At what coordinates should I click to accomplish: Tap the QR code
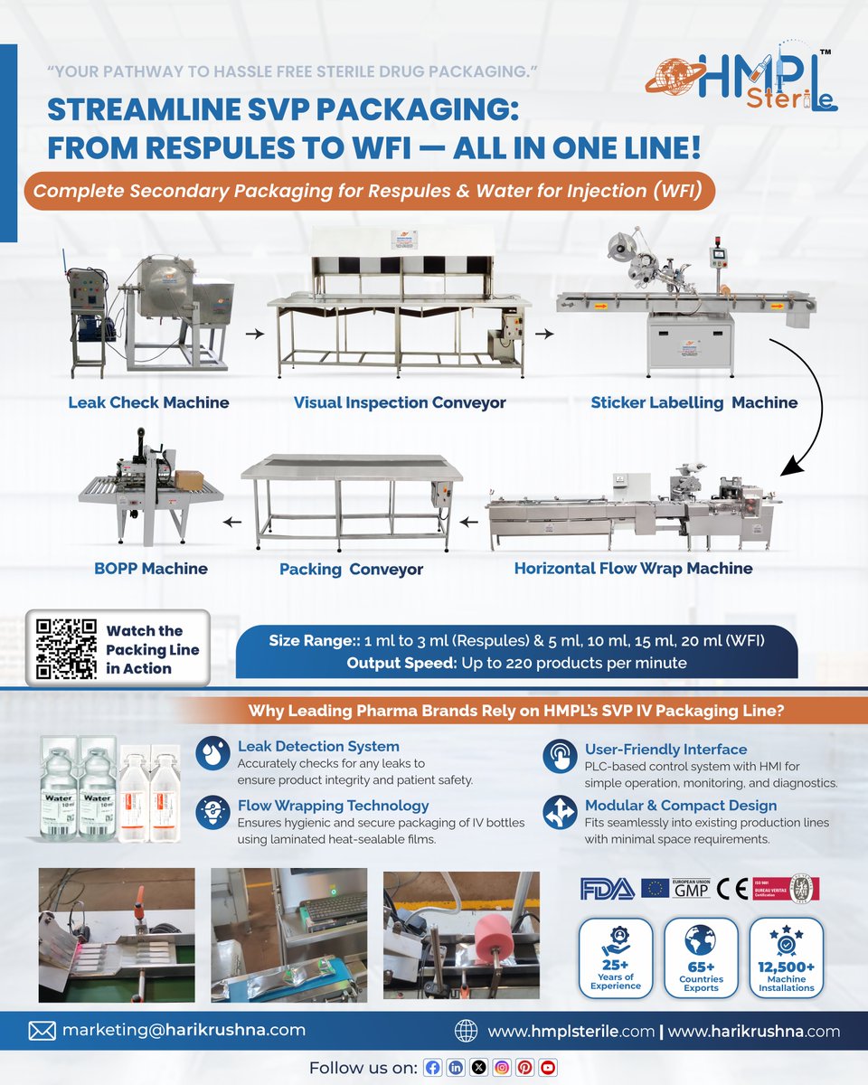(x=66, y=648)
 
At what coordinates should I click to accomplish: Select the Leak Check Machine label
(x=148, y=402)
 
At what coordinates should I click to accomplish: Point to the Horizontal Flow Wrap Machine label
(x=633, y=569)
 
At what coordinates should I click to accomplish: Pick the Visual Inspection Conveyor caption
(x=400, y=402)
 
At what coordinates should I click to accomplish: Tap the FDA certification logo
(x=607, y=889)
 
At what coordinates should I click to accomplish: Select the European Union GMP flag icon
(x=655, y=889)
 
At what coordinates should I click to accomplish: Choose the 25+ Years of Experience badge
(x=616, y=958)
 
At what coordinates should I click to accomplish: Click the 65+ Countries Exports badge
(x=701, y=958)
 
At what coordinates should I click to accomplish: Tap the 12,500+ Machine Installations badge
(x=787, y=958)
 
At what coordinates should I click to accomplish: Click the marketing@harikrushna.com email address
(x=184, y=1030)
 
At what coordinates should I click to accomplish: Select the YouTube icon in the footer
(x=548, y=1068)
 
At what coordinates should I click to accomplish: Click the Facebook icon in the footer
(x=433, y=1068)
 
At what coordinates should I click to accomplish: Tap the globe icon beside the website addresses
(x=466, y=1031)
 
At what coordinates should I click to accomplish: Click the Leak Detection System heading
(x=317, y=747)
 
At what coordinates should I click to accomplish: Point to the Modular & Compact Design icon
(x=559, y=813)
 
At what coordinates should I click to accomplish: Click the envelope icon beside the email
(x=42, y=1031)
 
